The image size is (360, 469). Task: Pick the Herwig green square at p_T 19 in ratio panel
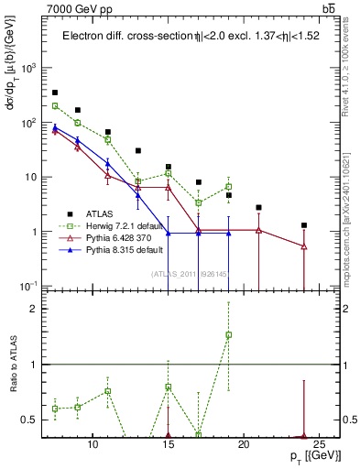click(229, 334)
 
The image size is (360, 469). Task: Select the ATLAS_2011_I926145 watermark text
click(190, 272)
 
